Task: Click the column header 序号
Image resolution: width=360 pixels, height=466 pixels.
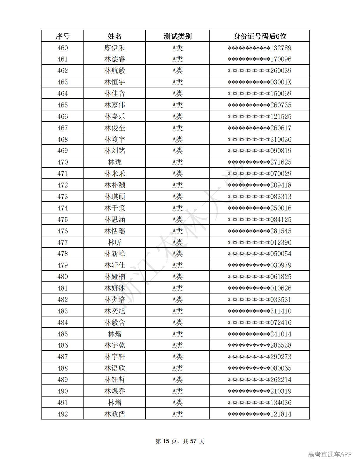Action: (x=62, y=36)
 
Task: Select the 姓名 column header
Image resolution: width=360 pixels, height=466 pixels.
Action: (x=114, y=36)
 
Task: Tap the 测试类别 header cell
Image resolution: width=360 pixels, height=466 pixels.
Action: (x=177, y=36)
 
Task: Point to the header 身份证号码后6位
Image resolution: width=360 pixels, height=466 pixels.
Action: (x=259, y=36)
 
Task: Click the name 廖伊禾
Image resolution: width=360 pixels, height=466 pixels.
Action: (x=114, y=48)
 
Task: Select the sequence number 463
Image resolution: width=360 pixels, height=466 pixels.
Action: (x=62, y=82)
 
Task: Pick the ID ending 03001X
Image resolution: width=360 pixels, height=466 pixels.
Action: (x=259, y=82)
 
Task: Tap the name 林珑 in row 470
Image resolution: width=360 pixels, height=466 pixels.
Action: (x=114, y=162)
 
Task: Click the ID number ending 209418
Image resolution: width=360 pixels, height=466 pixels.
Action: (x=259, y=185)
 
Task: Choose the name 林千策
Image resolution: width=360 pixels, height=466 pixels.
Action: (x=114, y=208)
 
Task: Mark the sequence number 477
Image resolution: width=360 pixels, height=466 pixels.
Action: (x=62, y=243)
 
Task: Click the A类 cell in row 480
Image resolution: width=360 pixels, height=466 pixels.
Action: (x=177, y=277)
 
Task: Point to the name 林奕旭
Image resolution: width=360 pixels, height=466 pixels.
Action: (x=114, y=311)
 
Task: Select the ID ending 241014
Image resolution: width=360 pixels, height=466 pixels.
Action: (x=259, y=334)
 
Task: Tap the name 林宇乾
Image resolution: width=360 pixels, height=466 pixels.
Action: (x=114, y=345)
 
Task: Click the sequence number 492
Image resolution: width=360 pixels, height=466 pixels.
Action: (x=62, y=414)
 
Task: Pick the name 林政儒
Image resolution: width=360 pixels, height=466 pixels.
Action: (x=114, y=414)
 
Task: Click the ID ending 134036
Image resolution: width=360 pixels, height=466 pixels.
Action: (x=259, y=403)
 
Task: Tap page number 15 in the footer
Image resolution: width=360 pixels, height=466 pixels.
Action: (x=166, y=441)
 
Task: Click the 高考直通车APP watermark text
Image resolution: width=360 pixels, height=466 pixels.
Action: (x=330, y=454)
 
